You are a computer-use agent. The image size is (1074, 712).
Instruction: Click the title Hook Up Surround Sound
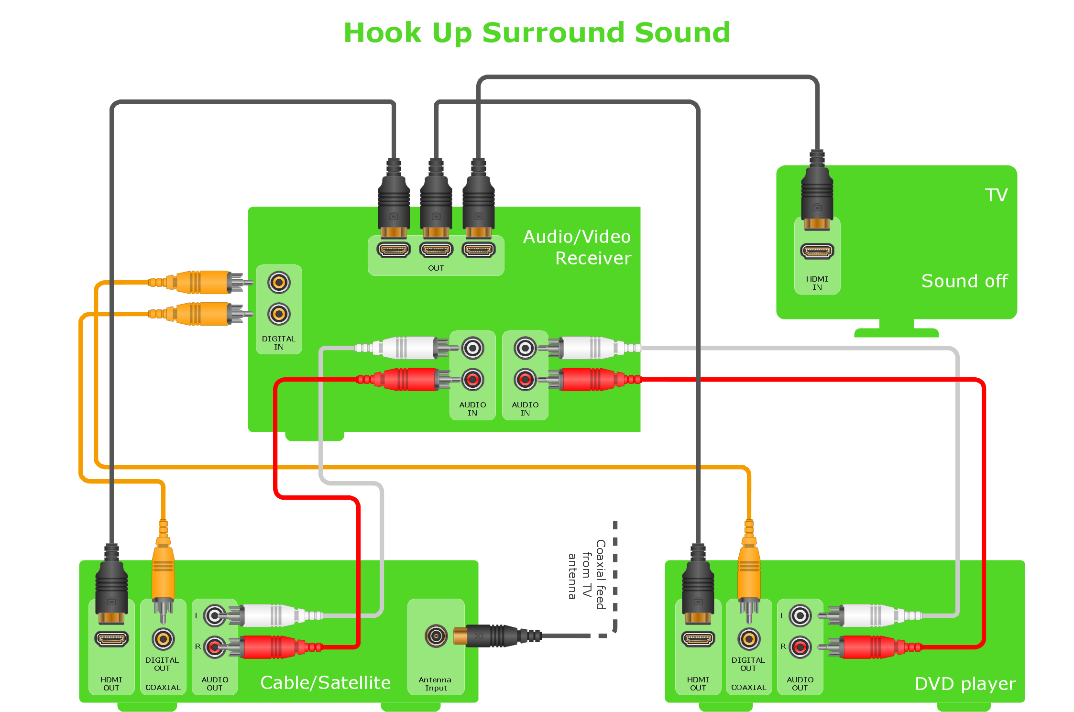coord(537,33)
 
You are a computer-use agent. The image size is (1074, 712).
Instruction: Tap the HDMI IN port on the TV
coord(817,251)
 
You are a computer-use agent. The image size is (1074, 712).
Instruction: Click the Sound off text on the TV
coord(964,281)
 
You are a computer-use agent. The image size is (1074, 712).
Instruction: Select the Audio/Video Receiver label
coord(577,247)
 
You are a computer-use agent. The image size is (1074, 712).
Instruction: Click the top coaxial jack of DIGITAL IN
coord(279,283)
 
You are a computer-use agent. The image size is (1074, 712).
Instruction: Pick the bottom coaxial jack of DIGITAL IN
coord(279,314)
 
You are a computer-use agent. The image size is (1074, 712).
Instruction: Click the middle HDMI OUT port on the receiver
coord(436,250)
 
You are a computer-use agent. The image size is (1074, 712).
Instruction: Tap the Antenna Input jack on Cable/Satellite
coord(436,636)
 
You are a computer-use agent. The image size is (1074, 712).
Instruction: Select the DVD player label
coord(964,684)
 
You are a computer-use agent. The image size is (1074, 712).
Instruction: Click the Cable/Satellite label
coord(325,683)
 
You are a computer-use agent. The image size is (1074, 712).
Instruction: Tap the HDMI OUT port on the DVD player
coord(698,639)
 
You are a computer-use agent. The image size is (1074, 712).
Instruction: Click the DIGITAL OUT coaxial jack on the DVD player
coord(749,639)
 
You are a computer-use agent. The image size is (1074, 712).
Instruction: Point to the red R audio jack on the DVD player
coord(800,647)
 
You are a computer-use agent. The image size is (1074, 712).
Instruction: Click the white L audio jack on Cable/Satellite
coord(215,616)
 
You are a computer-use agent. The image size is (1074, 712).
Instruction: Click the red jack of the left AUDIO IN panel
coord(472,380)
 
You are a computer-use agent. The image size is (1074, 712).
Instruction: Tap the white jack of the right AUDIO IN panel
coord(525,348)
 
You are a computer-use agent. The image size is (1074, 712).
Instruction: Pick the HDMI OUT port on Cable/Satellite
coord(111,639)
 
